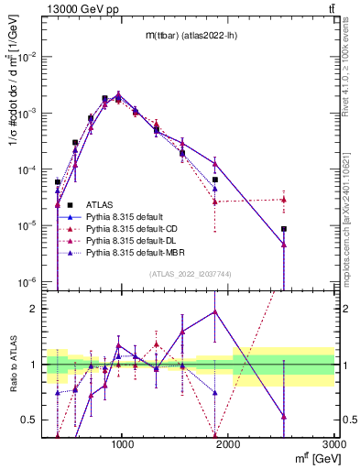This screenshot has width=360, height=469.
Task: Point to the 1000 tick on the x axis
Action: point(124,443)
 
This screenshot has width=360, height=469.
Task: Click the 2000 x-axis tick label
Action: point(229,443)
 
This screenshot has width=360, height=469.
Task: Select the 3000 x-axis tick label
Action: point(334,443)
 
